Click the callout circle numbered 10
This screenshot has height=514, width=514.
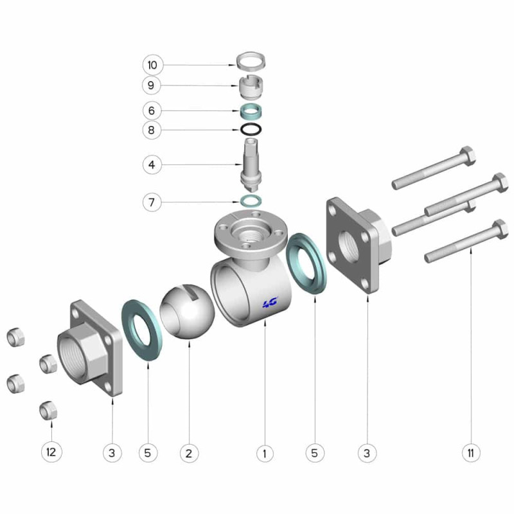152,65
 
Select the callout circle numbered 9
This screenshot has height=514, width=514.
152,85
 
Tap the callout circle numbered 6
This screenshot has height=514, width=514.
152,111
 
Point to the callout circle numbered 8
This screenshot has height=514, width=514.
152,130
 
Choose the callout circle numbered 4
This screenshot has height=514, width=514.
152,164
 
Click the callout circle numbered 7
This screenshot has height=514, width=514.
152,202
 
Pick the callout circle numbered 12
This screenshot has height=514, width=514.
51,453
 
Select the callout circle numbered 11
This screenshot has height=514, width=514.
471,454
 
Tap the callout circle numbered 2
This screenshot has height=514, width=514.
189,454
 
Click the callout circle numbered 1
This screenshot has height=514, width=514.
265,454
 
